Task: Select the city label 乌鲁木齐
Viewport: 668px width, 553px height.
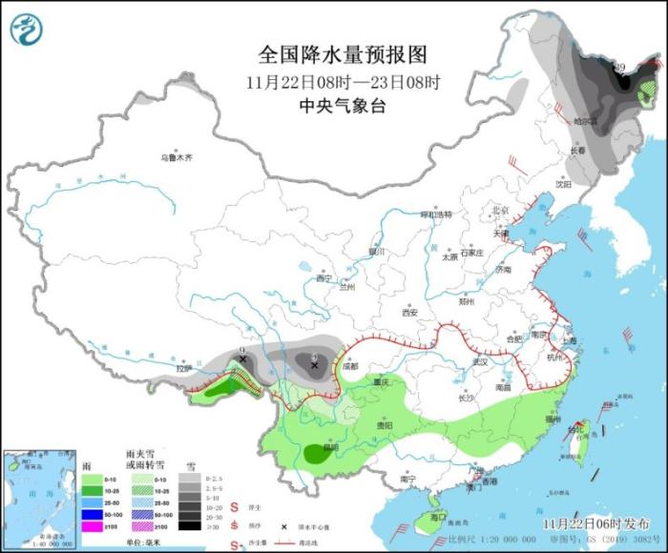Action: click(176, 157)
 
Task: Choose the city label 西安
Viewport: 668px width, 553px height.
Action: click(409, 312)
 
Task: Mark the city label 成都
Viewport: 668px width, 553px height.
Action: click(349, 366)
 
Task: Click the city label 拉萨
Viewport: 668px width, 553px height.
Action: click(183, 368)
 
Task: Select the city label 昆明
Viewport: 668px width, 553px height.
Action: click(330, 446)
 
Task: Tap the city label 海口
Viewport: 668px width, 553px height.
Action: click(439, 516)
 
